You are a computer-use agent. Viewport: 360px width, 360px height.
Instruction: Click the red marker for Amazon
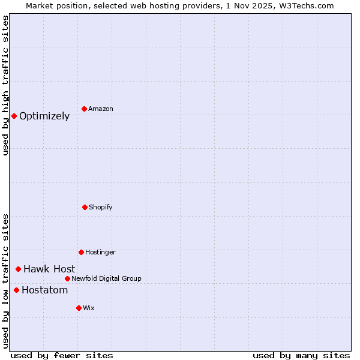pos(84,109)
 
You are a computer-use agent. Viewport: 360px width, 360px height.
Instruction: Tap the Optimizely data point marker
pos(14,116)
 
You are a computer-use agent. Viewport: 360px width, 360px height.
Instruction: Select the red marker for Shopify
pos(85,207)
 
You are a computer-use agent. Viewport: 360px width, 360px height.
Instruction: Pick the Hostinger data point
pos(81,252)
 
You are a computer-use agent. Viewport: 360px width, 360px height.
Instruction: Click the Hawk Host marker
pos(18,269)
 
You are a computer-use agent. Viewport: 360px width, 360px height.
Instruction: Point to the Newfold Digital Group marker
pos(67,278)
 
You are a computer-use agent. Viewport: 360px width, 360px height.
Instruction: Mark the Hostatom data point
pos(16,290)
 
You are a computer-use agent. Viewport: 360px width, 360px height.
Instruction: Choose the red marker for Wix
pos(79,308)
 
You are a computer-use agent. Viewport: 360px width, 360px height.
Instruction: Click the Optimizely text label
pos(44,116)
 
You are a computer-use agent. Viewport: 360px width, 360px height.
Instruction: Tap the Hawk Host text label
pos(49,269)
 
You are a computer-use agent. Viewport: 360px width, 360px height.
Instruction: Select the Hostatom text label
pos(45,290)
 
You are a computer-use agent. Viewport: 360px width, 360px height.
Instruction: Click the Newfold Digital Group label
pos(106,278)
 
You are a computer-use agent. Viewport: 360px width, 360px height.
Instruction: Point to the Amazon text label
pos(101,109)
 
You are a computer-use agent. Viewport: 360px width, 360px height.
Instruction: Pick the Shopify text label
pos(101,207)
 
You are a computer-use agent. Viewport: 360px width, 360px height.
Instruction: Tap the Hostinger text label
pos(100,252)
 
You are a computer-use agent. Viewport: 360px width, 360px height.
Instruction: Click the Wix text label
pos(89,308)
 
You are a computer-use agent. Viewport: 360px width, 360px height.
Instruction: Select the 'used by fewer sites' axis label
pos(61,355)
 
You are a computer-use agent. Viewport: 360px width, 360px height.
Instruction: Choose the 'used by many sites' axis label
pos(301,355)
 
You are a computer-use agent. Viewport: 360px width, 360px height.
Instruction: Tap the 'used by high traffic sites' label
pos(5,85)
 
